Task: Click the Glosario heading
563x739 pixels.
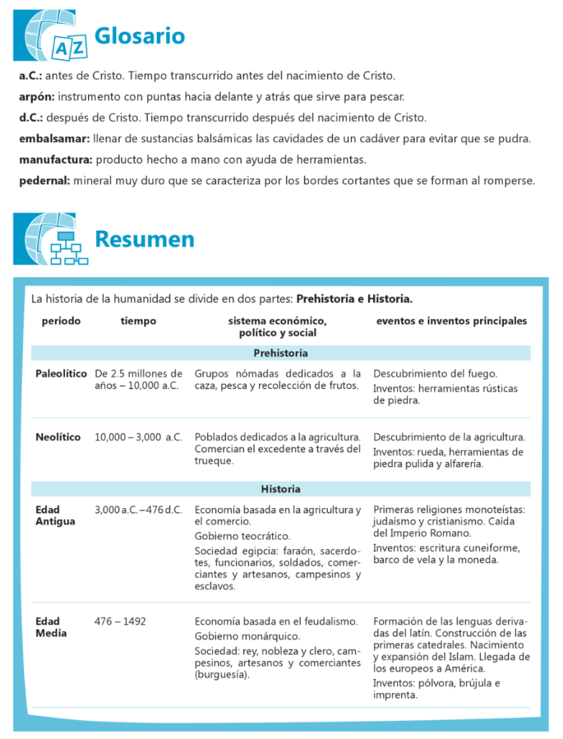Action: (x=139, y=35)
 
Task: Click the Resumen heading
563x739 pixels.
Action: (x=144, y=239)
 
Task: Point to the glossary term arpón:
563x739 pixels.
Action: (x=37, y=96)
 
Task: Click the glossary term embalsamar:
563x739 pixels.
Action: (x=54, y=138)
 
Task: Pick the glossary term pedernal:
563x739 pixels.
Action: (x=44, y=180)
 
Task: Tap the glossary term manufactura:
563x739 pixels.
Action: (x=56, y=159)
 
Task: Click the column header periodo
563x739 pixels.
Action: (x=61, y=321)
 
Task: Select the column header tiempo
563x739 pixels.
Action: (x=138, y=321)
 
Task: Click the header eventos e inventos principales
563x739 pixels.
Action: (x=451, y=321)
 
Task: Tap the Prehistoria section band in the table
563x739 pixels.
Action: (x=280, y=353)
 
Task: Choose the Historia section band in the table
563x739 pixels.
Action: (x=280, y=489)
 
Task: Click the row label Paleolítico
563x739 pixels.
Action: (x=61, y=374)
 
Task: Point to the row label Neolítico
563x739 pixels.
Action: (x=58, y=437)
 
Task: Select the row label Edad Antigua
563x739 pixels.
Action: (x=55, y=515)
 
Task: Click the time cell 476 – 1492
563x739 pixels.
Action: (x=120, y=621)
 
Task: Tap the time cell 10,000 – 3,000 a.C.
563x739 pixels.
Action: (x=138, y=437)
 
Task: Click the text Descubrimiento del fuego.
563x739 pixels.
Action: (x=435, y=374)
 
